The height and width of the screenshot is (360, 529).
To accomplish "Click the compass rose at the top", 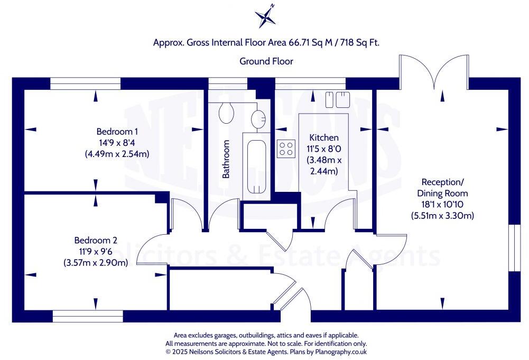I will [x=266, y=16].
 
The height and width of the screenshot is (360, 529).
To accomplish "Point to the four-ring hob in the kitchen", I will [x=286, y=149].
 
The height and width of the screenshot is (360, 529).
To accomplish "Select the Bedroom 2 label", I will [x=95, y=239].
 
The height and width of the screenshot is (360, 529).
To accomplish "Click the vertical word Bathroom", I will [x=226, y=159].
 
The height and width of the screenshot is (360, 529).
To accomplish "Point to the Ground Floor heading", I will [x=266, y=61].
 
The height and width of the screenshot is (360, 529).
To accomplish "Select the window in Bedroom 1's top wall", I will [x=86, y=84].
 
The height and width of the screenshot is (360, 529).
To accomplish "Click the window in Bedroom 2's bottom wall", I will [x=88, y=316].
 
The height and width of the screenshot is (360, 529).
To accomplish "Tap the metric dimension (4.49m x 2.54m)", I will [x=117, y=154].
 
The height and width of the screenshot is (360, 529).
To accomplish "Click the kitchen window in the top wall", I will [x=310, y=84].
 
